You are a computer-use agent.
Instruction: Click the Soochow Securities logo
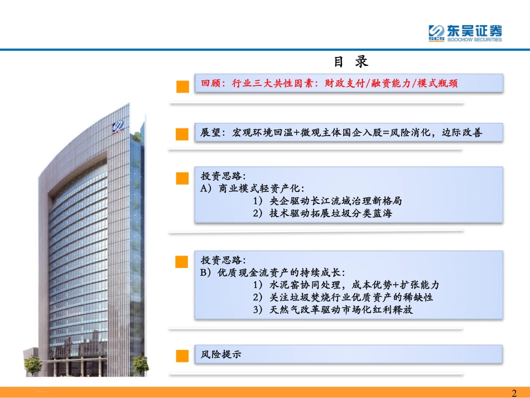point(465,33)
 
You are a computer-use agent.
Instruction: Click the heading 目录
point(351,61)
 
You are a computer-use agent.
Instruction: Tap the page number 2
point(514,393)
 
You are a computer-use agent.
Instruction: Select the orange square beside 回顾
point(182,86)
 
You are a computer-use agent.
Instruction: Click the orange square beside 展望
point(182,134)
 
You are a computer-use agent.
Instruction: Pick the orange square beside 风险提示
point(182,356)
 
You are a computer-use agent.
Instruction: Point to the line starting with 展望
point(341,133)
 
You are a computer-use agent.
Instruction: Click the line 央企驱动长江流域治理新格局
point(327,200)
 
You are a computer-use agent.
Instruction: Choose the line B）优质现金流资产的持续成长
point(273,272)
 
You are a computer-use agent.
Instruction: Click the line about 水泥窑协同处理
point(346,285)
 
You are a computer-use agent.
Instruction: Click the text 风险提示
point(221,354)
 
